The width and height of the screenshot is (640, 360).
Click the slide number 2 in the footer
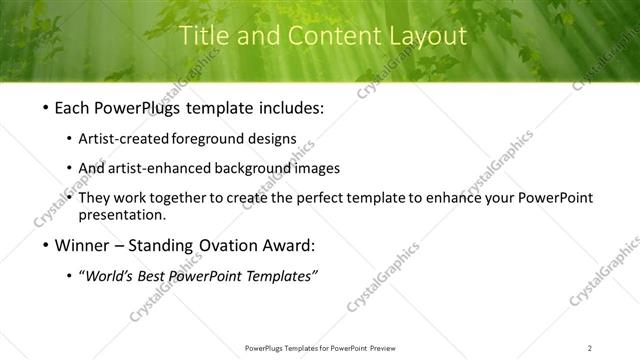point(590,348)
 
